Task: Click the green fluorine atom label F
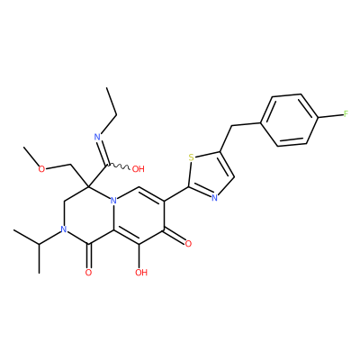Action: tap(346, 113)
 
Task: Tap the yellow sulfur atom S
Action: tap(191, 157)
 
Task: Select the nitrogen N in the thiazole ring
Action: tap(214, 198)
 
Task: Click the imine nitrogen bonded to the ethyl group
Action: tap(97, 138)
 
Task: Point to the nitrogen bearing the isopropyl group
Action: tap(63, 229)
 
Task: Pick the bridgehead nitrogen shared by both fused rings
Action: tap(113, 201)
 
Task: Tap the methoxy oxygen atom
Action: tap(41, 169)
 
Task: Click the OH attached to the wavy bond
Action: tap(139, 169)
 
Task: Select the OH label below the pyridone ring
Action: tap(141, 273)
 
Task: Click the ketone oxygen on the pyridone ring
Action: tap(188, 244)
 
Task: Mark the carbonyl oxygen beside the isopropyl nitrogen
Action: tap(88, 273)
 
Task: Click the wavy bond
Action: tap(118, 166)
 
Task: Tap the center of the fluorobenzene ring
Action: tap(289, 121)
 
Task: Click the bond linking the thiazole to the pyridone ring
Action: tap(176, 193)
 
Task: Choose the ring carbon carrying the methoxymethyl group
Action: tap(88, 186)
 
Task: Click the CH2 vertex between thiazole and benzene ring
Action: tap(232, 126)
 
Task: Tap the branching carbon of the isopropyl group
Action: tap(39, 244)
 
